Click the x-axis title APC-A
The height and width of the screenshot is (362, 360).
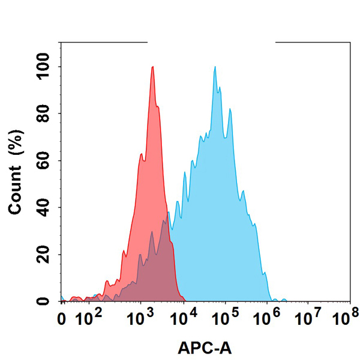(x=205, y=348)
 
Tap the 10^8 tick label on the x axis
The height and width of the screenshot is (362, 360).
(x=348, y=315)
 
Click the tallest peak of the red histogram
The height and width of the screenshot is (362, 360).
(x=153, y=67)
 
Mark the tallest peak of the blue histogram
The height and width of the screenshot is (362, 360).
(x=215, y=67)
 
